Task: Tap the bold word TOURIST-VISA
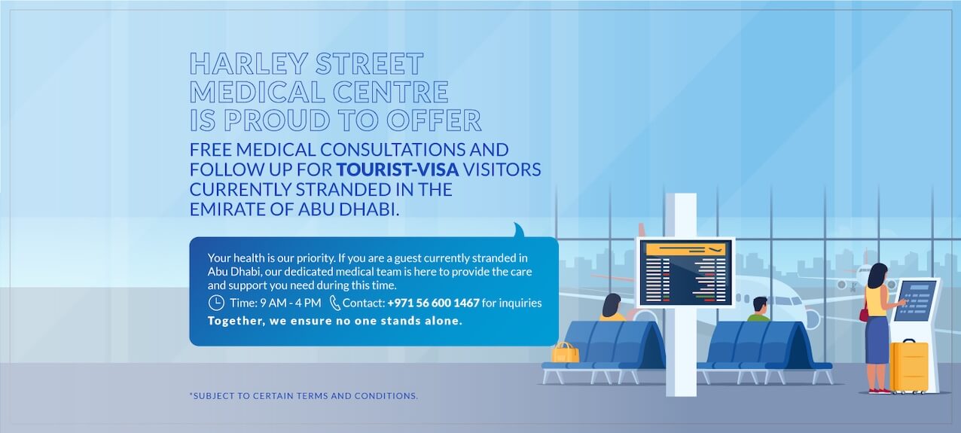[x=397, y=169]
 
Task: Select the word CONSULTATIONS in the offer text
[x=392, y=150]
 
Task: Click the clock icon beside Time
[x=216, y=303]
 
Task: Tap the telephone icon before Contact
[x=334, y=303]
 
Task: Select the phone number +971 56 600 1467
[x=433, y=303]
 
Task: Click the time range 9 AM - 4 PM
[x=290, y=303]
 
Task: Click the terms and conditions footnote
[x=304, y=395]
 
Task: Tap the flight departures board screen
[x=685, y=272]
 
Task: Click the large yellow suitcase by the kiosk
[x=909, y=366]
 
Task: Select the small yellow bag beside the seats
[x=566, y=352]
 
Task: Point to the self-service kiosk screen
[x=917, y=300]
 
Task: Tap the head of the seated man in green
[x=760, y=306]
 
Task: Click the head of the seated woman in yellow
[x=612, y=305]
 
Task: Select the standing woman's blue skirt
[x=876, y=340]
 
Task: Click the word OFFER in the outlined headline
[x=434, y=120]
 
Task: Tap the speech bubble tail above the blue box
[x=519, y=230]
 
